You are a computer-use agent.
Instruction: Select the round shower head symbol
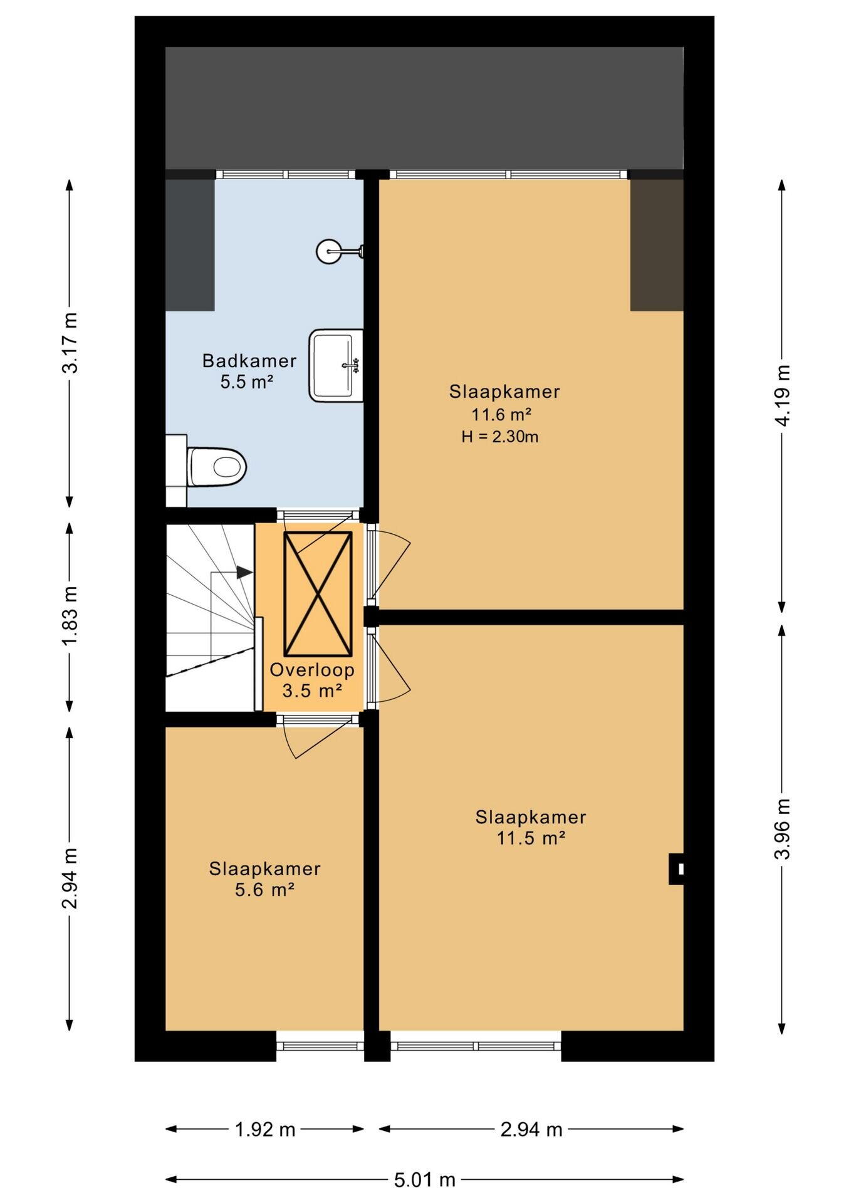click(328, 251)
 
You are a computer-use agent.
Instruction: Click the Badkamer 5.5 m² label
click(249, 371)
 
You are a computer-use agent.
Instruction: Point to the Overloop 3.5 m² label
click(312, 680)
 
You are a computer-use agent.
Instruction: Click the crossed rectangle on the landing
click(318, 593)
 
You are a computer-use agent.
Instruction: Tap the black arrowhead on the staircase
click(244, 572)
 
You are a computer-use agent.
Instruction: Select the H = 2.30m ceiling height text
click(500, 437)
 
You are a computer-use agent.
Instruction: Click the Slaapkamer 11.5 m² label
click(531, 827)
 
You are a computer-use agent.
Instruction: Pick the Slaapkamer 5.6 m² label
click(264, 878)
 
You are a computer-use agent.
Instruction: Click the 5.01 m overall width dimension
click(424, 1180)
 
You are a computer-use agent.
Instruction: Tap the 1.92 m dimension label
click(264, 1129)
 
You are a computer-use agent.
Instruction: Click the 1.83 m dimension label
click(70, 617)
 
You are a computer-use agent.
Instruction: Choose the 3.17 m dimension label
click(70, 343)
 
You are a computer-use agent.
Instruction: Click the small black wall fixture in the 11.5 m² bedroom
click(676, 868)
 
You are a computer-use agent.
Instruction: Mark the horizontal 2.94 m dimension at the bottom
click(531, 1129)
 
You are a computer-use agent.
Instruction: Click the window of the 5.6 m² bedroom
click(320, 1046)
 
